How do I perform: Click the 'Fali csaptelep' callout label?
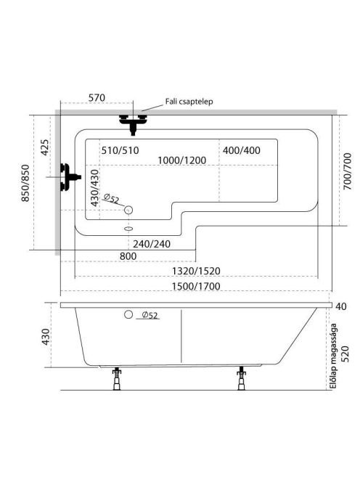click(x=189, y=102)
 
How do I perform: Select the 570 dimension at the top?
click(x=97, y=98)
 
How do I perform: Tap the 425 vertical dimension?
click(x=44, y=147)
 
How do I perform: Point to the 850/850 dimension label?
click(x=25, y=183)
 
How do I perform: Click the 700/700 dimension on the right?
click(x=347, y=171)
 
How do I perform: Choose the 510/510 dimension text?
click(x=120, y=150)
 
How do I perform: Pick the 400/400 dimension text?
click(x=242, y=150)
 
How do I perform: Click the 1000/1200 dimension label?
click(x=181, y=160)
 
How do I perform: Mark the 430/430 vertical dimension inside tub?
click(x=94, y=188)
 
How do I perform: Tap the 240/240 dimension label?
click(x=152, y=244)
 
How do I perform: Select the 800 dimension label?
click(x=128, y=256)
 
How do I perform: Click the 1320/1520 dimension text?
click(x=196, y=271)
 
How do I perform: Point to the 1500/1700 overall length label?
click(x=196, y=287)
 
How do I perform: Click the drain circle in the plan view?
click(x=128, y=210)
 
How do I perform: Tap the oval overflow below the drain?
click(x=128, y=229)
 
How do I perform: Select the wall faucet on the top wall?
click(x=133, y=123)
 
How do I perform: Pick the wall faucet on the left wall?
click(x=70, y=177)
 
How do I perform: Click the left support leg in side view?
click(x=117, y=378)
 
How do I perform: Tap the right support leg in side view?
click(x=242, y=378)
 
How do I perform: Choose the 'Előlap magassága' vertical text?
click(x=333, y=356)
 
